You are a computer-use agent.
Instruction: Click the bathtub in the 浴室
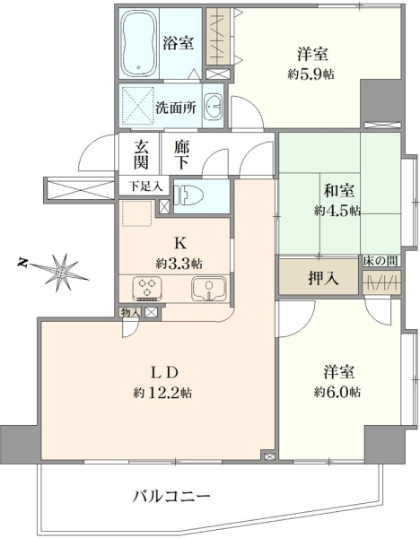139,44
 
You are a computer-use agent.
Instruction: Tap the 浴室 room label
179,44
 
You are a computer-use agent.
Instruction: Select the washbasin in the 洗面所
214,107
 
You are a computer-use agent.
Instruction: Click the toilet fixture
188,195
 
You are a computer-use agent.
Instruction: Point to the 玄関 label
141,155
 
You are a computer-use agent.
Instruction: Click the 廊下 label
181,155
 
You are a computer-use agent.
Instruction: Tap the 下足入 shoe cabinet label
145,187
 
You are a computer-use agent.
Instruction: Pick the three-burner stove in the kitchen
148,288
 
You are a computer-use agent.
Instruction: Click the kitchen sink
209,288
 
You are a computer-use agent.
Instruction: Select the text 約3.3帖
179,264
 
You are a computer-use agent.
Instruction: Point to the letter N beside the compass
23,263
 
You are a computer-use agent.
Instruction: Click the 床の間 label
381,261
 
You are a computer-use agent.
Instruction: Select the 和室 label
339,191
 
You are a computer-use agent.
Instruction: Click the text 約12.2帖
162,393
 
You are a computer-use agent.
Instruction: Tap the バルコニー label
171,496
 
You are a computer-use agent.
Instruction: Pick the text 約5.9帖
311,74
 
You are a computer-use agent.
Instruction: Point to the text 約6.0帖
337,392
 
